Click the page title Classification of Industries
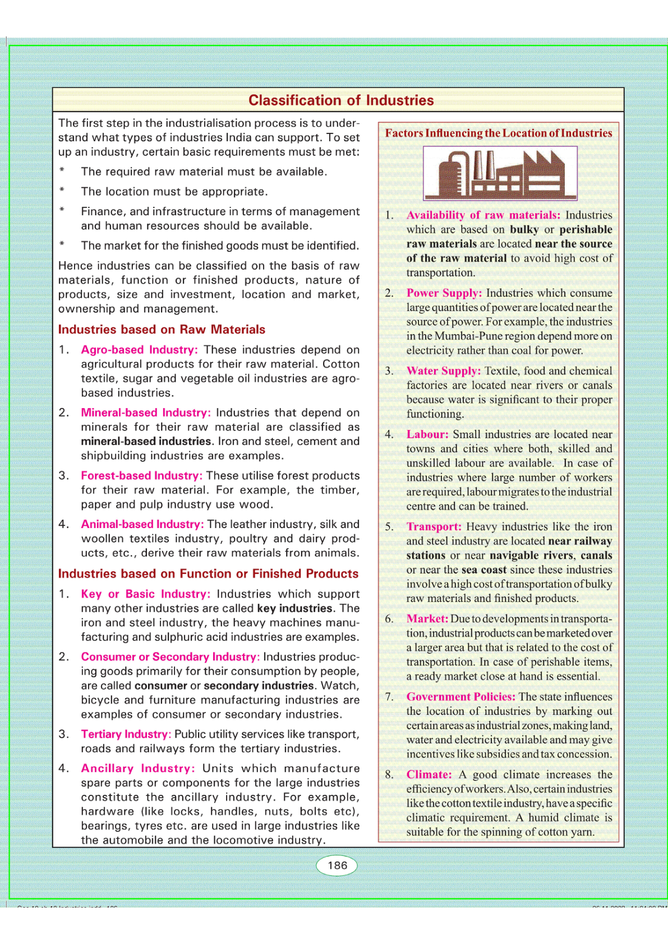pyautogui.click(x=341, y=100)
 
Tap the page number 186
pyautogui.click(x=337, y=866)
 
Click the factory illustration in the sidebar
pyautogui.click(x=500, y=173)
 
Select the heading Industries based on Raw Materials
pyautogui.click(x=162, y=330)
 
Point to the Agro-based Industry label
pyautogui.click(x=139, y=350)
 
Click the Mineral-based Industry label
pyautogui.click(x=146, y=413)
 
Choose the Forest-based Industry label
pyautogui.click(x=141, y=476)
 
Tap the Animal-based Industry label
pyautogui.click(x=142, y=524)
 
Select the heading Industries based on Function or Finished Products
pyautogui.click(x=208, y=574)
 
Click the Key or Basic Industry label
pyautogui.click(x=145, y=594)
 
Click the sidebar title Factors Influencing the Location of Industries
pyautogui.click(x=498, y=133)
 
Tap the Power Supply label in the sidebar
pyautogui.click(x=444, y=293)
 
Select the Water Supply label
pyautogui.click(x=443, y=371)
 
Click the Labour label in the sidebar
pyautogui.click(x=427, y=434)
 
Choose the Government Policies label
pyautogui.click(x=460, y=697)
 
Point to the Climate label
pyautogui.click(x=429, y=775)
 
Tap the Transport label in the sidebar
pyautogui.click(x=434, y=527)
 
